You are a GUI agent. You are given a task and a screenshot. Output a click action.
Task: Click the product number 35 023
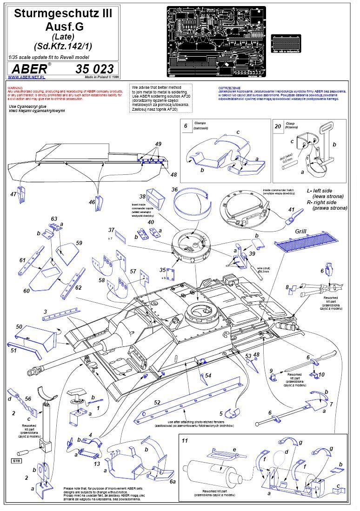point(94,69)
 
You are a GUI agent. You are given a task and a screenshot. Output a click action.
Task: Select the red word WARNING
point(15,87)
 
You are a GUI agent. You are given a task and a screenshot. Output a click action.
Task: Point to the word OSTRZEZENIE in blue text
point(229,87)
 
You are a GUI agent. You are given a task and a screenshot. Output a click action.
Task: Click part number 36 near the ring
point(174,189)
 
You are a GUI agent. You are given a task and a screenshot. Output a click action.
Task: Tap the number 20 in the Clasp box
point(278,126)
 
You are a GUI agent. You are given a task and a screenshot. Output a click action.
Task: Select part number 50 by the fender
point(19,327)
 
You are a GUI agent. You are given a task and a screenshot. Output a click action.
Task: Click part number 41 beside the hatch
point(292,210)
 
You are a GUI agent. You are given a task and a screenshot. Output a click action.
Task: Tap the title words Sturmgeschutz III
point(63,14)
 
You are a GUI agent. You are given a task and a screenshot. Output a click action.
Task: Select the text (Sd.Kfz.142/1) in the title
point(63,46)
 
